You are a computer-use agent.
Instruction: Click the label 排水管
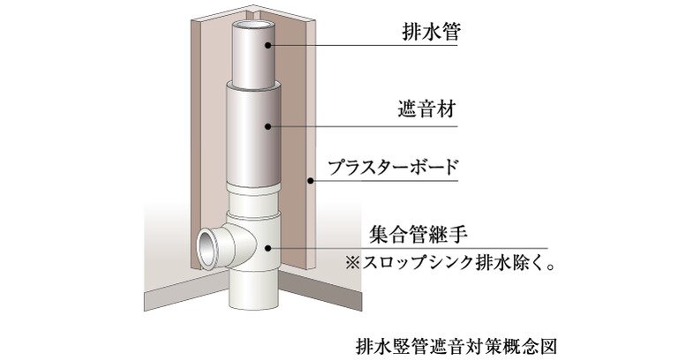point(431,32)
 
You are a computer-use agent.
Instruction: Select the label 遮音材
point(427,109)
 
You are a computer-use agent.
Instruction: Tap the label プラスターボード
point(393,167)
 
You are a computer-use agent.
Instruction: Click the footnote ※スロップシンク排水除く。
point(449,263)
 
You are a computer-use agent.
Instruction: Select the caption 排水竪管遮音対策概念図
point(456,346)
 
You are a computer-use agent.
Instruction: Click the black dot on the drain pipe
point(268,44)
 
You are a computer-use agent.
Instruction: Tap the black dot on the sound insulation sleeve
point(268,126)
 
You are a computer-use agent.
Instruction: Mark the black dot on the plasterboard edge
point(310,180)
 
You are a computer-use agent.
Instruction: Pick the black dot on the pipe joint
point(268,248)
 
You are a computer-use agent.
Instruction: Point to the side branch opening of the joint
point(207,250)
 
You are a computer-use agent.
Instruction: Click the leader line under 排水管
point(363,45)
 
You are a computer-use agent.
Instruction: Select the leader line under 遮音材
point(363,127)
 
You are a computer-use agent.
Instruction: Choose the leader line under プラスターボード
point(384,180)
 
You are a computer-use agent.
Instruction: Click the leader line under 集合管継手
point(408,249)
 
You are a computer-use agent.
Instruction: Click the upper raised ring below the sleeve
point(254,188)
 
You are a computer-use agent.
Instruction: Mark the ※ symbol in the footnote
point(352,263)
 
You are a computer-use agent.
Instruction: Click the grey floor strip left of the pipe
point(187,294)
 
